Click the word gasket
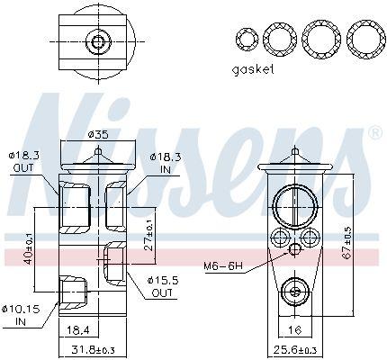pos(253,70)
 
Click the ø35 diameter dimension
pos(98,135)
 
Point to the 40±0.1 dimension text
pos(29,249)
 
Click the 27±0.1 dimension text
pos(149,239)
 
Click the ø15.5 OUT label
pos(162,286)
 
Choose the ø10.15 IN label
pos(21,315)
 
